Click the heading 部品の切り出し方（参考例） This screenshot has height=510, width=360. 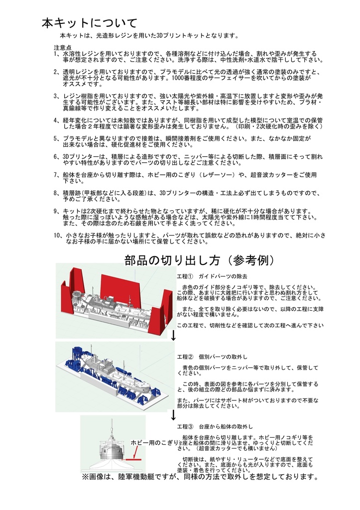[199, 260]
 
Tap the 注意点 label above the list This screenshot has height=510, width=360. [63, 47]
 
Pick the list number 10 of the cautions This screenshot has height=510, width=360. [57, 235]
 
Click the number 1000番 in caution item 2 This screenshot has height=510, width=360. [182, 79]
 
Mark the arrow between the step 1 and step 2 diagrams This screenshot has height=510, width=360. [173, 335]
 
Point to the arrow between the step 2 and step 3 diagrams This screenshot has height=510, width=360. [173, 414]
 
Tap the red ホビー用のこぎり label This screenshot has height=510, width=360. [154, 443]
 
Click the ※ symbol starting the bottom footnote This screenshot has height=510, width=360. [85, 477]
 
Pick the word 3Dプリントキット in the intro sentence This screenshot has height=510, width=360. [177, 36]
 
